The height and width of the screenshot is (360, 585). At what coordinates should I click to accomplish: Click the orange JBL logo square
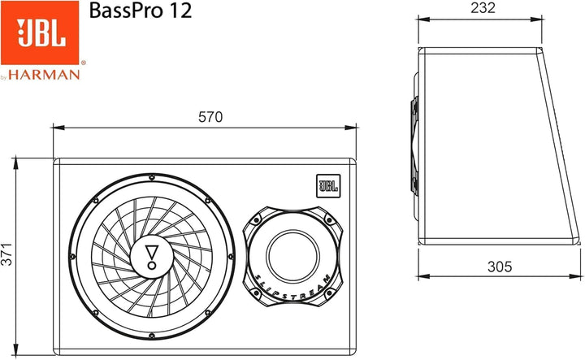[x=40, y=33]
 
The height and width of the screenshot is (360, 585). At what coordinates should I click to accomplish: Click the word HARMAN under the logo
[x=44, y=75]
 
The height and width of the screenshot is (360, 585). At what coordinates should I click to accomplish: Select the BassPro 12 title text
[x=141, y=11]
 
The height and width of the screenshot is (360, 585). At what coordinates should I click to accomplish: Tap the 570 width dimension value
[x=210, y=117]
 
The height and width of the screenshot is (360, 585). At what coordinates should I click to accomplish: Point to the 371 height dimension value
[x=6, y=254]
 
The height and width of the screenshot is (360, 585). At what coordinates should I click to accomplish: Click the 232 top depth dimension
[x=483, y=8]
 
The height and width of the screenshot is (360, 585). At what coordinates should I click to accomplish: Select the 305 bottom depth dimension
[x=500, y=267]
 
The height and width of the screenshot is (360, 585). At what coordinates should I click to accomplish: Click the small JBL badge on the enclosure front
[x=328, y=186]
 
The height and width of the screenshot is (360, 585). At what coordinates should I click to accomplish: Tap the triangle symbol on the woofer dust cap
[x=151, y=253]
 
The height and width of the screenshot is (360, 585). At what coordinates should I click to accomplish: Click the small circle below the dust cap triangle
[x=151, y=265]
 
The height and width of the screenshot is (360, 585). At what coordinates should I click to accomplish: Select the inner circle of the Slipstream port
[x=292, y=256]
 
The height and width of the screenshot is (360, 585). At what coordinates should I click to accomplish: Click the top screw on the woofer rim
[x=151, y=177]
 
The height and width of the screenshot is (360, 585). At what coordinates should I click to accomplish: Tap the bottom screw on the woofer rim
[x=151, y=336]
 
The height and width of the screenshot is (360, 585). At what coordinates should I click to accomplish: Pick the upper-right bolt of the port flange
[x=329, y=220]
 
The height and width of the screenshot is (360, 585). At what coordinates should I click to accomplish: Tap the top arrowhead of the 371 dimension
[x=15, y=164]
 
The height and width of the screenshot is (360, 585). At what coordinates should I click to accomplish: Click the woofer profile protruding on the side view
[x=414, y=145]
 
